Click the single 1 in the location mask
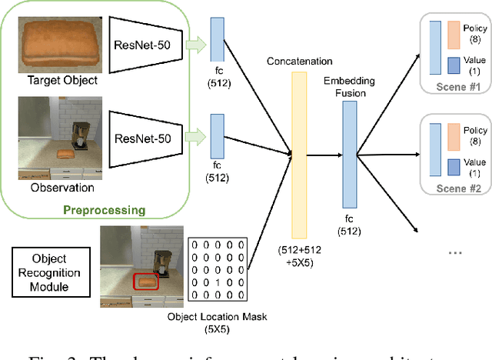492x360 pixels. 219,282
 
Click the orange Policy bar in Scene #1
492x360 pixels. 454,34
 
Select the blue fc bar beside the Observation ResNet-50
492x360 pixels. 217,134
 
